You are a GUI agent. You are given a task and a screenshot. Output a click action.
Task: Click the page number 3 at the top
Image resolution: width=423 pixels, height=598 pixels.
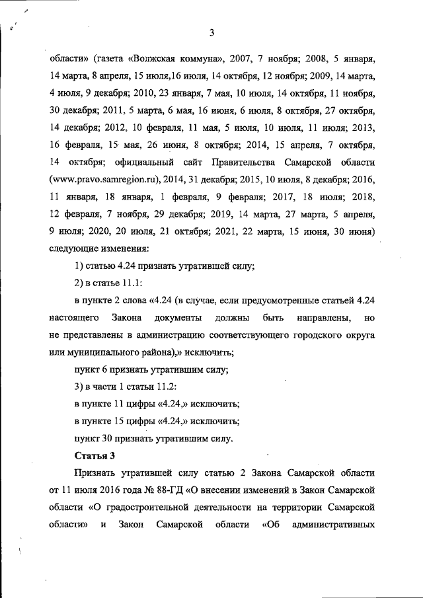pyautogui.click(x=211, y=33)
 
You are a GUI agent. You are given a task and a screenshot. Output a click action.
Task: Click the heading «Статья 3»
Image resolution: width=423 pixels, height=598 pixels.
pyautogui.click(x=92, y=456)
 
